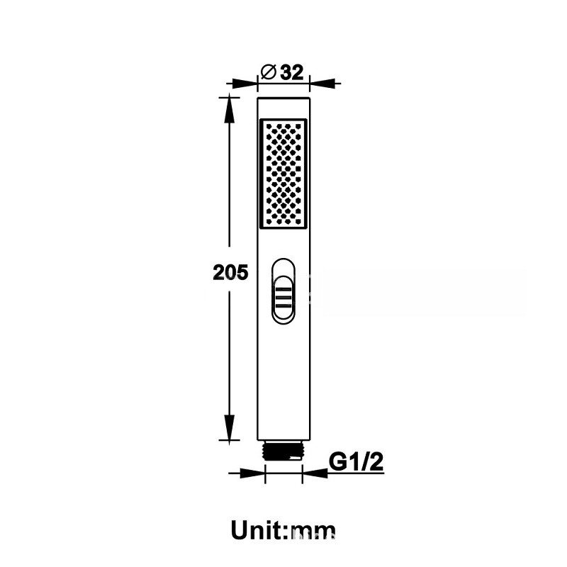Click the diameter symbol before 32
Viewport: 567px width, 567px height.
(269, 72)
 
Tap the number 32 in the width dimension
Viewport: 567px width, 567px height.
(292, 72)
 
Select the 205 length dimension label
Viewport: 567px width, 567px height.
(230, 272)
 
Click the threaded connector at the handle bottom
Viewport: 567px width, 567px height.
(283, 451)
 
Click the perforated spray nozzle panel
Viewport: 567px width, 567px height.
(283, 174)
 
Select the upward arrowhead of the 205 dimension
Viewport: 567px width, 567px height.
(229, 111)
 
